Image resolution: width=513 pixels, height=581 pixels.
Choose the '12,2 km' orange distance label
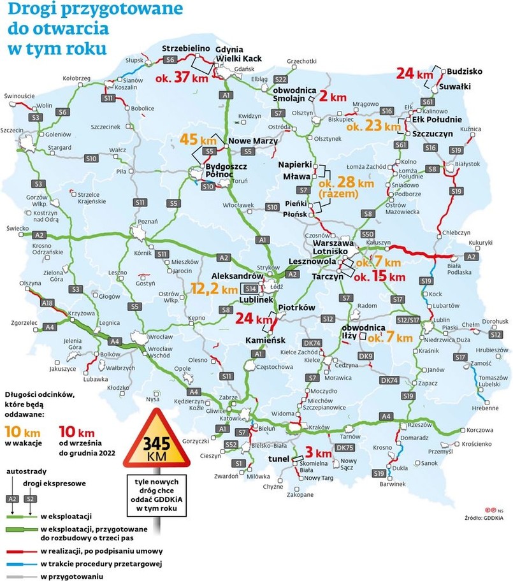coord(213,289)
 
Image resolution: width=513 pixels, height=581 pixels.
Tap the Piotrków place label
coord(298,306)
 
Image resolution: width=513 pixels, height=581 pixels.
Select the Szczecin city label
coord(12,130)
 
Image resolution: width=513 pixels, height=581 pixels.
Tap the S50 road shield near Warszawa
coord(367,234)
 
